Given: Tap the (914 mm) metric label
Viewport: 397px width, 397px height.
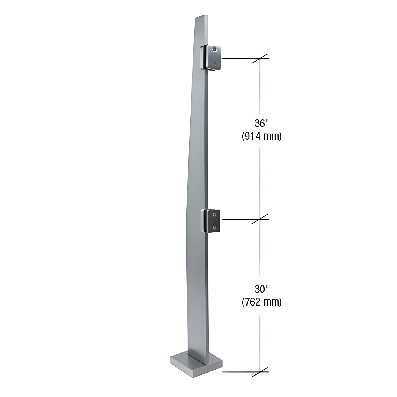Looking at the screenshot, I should (x=261, y=136).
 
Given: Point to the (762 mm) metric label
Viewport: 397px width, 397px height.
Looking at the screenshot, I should (x=261, y=302).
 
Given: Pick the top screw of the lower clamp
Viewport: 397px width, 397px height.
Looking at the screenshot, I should (x=215, y=214).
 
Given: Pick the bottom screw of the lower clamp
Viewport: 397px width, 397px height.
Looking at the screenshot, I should (x=215, y=227).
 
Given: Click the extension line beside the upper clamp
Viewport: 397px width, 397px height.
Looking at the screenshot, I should (x=239, y=59).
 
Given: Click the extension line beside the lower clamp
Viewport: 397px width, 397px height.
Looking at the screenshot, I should (x=239, y=219).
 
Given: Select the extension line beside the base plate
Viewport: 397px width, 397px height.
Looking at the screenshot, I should (x=239, y=372).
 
